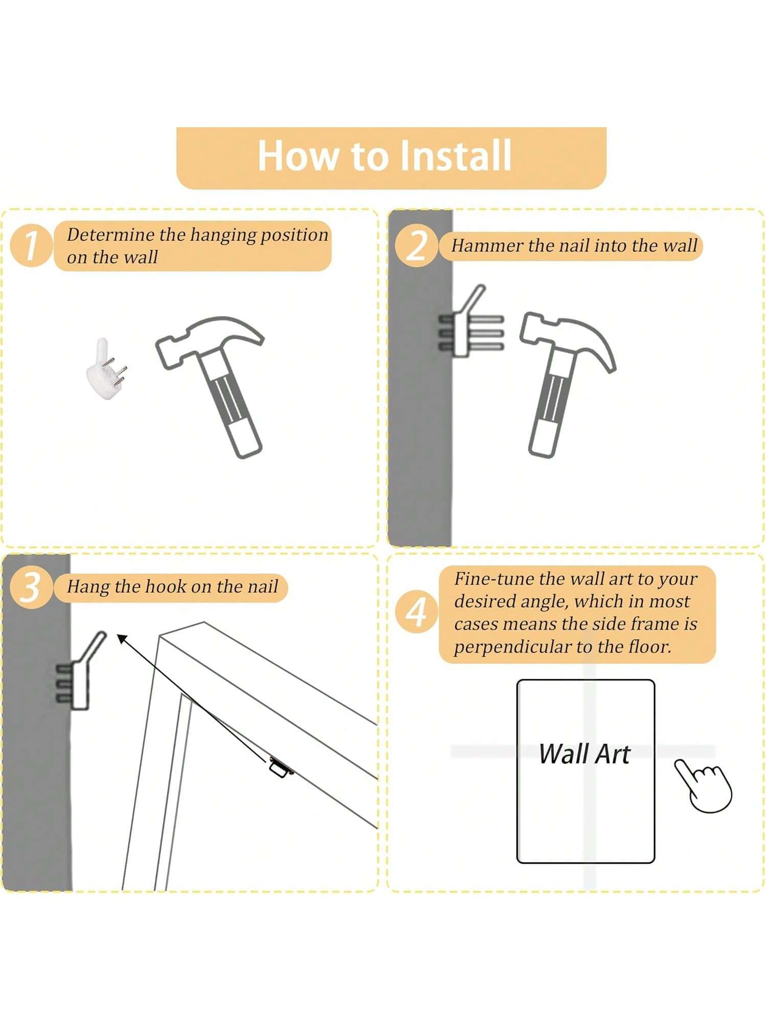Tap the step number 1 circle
point(32,246)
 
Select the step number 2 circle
point(417,246)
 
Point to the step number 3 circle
point(32,587)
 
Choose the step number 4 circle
point(417,611)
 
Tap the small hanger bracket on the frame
point(281,767)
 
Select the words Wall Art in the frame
point(585,754)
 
